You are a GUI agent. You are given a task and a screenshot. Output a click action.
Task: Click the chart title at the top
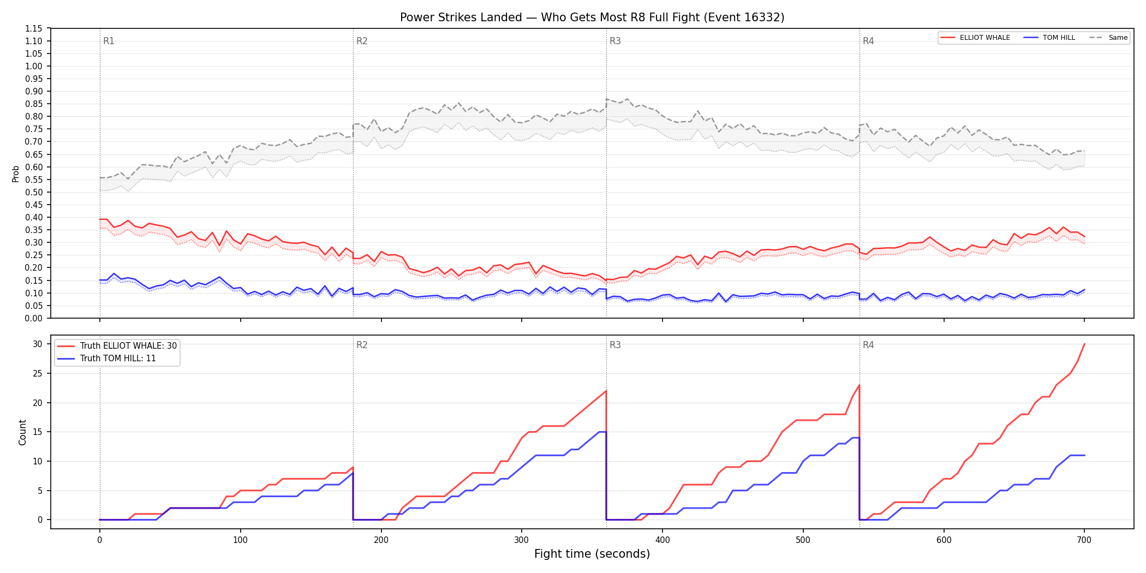click(x=592, y=17)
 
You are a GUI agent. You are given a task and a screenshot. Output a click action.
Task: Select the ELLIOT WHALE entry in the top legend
click(x=975, y=38)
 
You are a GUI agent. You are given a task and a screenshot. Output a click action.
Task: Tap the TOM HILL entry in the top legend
click(x=1049, y=38)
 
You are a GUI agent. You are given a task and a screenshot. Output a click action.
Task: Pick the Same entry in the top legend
click(x=1108, y=38)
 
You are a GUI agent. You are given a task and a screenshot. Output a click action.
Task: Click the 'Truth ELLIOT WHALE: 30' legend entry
click(x=117, y=346)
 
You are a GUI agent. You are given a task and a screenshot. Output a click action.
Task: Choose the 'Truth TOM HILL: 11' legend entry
click(x=107, y=359)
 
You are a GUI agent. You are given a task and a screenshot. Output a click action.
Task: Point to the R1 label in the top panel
click(x=109, y=41)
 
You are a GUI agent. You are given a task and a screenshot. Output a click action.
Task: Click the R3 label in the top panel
click(x=615, y=41)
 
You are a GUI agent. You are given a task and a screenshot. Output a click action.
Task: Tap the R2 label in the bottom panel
click(x=362, y=345)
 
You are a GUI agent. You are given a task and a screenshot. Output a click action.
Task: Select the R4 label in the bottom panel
click(x=868, y=345)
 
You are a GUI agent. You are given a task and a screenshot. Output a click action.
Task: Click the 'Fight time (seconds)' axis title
click(x=592, y=554)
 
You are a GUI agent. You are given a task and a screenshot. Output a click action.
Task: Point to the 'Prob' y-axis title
click(x=16, y=174)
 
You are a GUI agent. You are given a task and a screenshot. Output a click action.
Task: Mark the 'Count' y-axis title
click(x=22, y=432)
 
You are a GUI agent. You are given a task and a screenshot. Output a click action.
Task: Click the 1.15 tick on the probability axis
click(x=34, y=28)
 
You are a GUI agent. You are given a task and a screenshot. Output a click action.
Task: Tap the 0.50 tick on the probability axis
click(x=34, y=192)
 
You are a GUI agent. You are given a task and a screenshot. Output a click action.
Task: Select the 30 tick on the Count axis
click(x=38, y=344)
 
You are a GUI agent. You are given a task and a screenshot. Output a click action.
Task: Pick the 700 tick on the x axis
click(x=1084, y=540)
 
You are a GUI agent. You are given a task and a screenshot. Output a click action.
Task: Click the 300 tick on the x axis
click(x=522, y=540)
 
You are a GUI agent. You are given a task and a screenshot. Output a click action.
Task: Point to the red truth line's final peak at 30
click(x=1084, y=344)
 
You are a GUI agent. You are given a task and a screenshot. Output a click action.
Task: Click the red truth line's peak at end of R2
click(x=606, y=391)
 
